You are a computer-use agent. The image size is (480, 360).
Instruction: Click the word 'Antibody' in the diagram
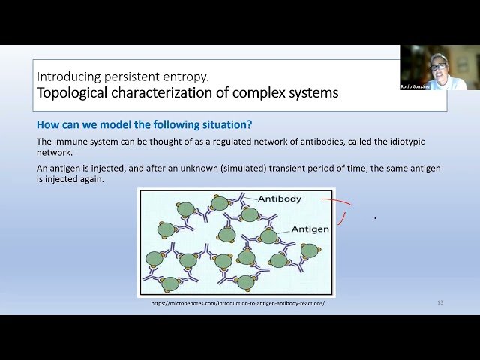[280, 199]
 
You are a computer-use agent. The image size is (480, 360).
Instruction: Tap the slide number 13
[440, 302]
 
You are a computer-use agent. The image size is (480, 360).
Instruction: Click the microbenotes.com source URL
[238, 303]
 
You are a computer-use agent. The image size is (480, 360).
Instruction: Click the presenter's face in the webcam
[438, 67]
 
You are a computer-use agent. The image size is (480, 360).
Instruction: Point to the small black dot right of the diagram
[375, 218]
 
